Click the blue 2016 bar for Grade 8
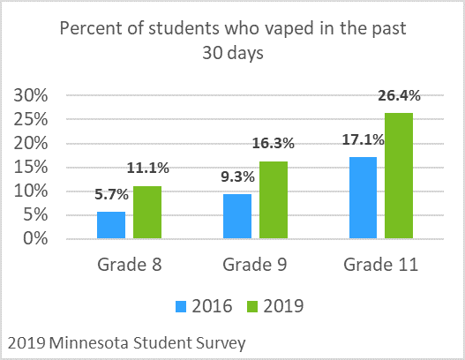[110, 225]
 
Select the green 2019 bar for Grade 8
[147, 213]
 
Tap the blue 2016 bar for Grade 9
[236, 216]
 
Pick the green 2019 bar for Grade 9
[274, 199]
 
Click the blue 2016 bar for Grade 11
[364, 198]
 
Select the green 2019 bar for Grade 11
[401, 176]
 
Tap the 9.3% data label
[237, 176]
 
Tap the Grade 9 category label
[255, 265]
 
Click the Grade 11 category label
[381, 265]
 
